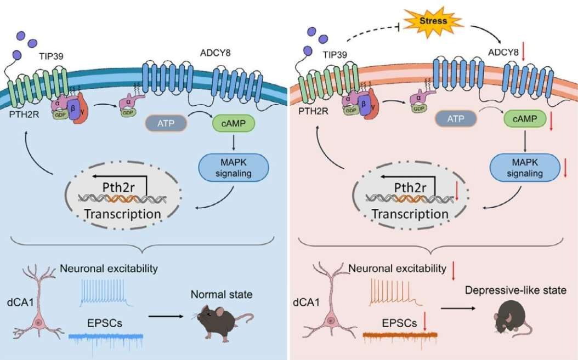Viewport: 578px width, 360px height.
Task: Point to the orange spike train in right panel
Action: (x=393, y=292)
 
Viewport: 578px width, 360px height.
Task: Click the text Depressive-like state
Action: (x=515, y=290)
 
